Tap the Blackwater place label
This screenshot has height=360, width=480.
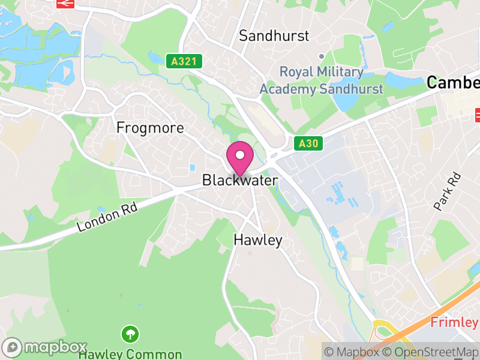coord(240,180)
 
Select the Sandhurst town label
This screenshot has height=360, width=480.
coord(274,35)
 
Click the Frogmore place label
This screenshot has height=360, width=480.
coord(150,128)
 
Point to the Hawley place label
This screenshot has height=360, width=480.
coord(257,241)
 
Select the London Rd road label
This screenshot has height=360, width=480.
coord(108,217)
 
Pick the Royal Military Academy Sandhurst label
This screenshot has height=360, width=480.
coord(321,81)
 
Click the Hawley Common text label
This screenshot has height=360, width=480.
coord(130,354)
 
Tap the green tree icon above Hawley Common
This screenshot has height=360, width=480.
coord(130,334)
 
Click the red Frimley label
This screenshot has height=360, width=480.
coord(454,322)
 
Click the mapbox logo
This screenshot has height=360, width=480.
coord(45,347)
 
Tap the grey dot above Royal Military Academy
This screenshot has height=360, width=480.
coord(322,56)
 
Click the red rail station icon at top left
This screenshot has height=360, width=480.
coord(65,3)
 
